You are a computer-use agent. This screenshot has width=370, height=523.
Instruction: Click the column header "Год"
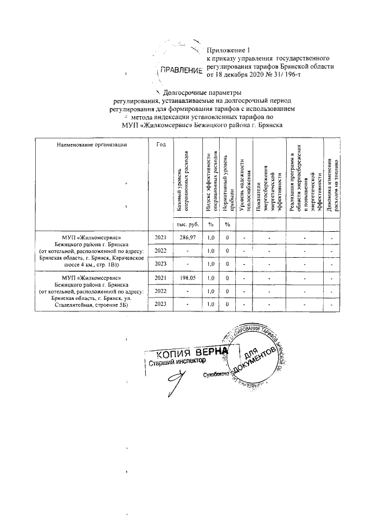(x=161, y=144)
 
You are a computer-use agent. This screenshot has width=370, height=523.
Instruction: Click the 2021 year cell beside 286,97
(x=161, y=238)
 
